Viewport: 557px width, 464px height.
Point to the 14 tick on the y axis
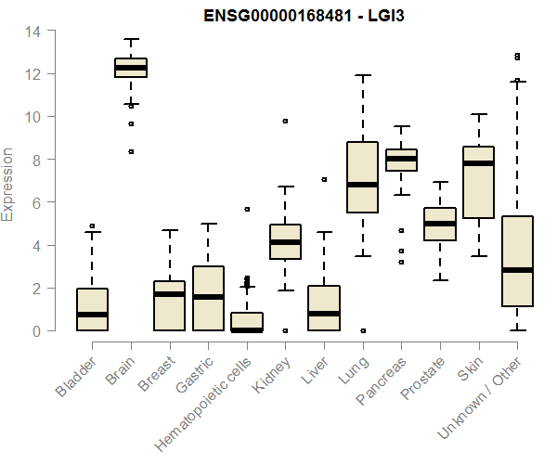click(x=32, y=31)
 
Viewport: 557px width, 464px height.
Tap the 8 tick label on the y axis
click(x=32, y=160)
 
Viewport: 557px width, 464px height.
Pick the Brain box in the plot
click(x=131, y=68)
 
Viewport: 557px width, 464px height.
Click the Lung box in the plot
click(x=362, y=176)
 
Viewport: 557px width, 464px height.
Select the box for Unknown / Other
click(x=517, y=261)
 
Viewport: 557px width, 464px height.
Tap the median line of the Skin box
click(x=478, y=163)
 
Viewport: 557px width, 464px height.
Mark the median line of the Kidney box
click(x=285, y=242)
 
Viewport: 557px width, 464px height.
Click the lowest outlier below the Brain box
click(x=131, y=151)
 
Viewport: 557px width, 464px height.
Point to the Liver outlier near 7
click(x=323, y=179)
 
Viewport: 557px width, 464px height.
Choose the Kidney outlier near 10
click(x=285, y=121)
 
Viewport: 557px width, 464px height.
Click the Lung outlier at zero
click(x=362, y=330)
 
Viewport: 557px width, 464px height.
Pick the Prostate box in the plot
click(x=440, y=224)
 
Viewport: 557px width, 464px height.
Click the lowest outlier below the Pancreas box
click(x=401, y=262)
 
